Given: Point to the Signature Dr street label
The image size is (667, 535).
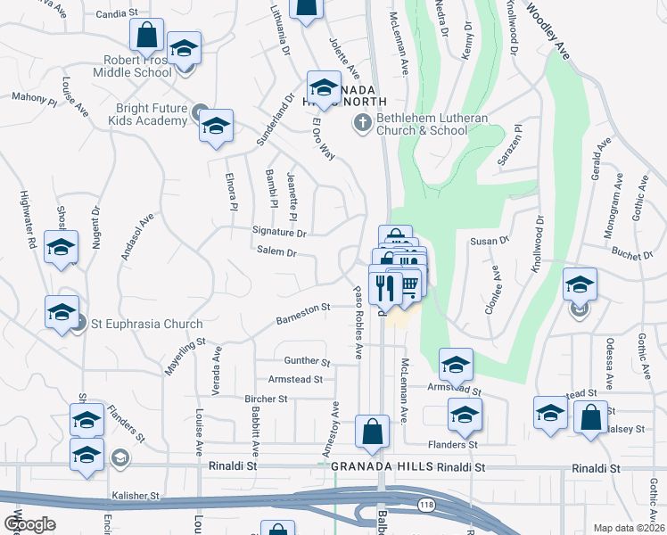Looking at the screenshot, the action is [279, 234].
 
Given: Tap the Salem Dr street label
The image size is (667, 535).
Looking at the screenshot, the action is [276, 252].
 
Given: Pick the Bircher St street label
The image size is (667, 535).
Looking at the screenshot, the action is [267, 399].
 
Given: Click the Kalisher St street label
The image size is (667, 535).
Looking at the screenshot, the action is [135, 495].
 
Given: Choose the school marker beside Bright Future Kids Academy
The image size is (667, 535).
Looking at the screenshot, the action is [215, 128].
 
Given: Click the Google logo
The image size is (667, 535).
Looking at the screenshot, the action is [29, 524].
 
